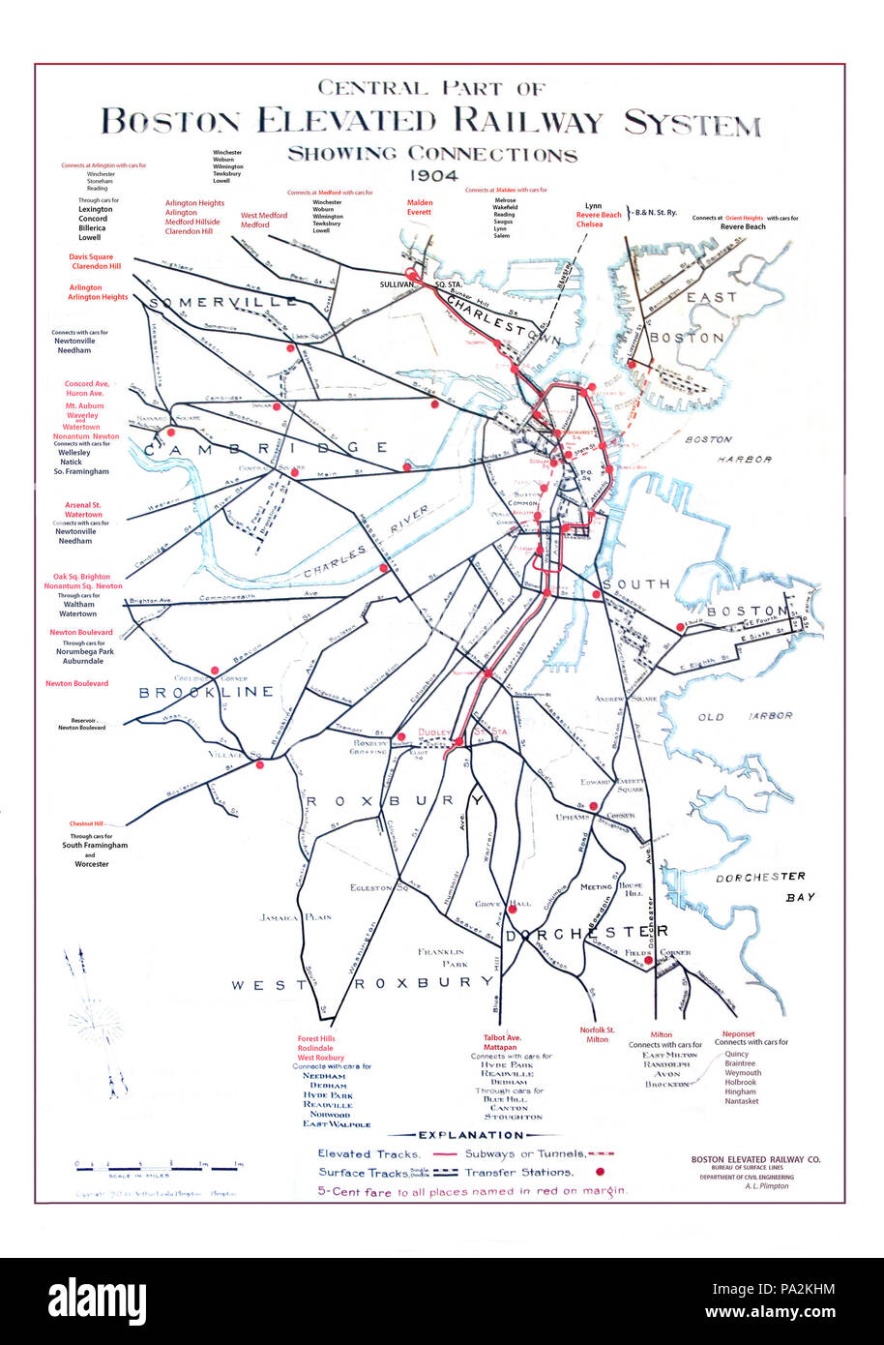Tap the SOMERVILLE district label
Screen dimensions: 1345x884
(x=223, y=303)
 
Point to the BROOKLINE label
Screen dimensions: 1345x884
(x=206, y=692)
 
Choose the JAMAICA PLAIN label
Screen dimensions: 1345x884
(x=295, y=917)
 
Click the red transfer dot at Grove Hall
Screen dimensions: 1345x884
(x=513, y=908)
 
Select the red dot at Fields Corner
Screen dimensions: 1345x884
(x=648, y=959)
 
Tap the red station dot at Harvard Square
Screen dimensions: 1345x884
(x=171, y=433)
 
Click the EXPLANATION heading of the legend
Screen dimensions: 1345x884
(x=471, y=1135)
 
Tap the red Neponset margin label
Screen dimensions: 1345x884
(x=739, y=1033)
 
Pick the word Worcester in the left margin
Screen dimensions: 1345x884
(x=93, y=864)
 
